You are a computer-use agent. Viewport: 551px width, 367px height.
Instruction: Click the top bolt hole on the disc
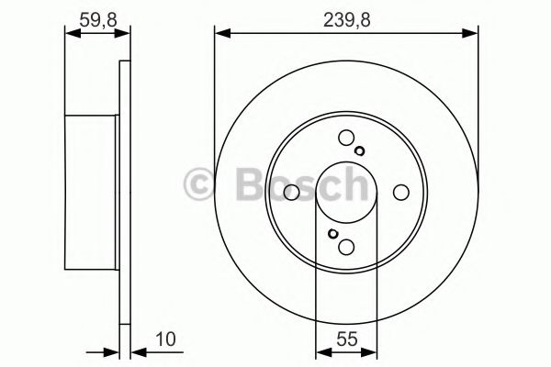tap(346, 139)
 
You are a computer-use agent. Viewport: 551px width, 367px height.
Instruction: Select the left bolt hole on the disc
tap(292, 192)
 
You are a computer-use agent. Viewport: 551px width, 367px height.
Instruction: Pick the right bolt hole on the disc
tap(400, 192)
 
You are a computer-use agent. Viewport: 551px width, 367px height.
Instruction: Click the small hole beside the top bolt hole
tap(360, 152)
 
